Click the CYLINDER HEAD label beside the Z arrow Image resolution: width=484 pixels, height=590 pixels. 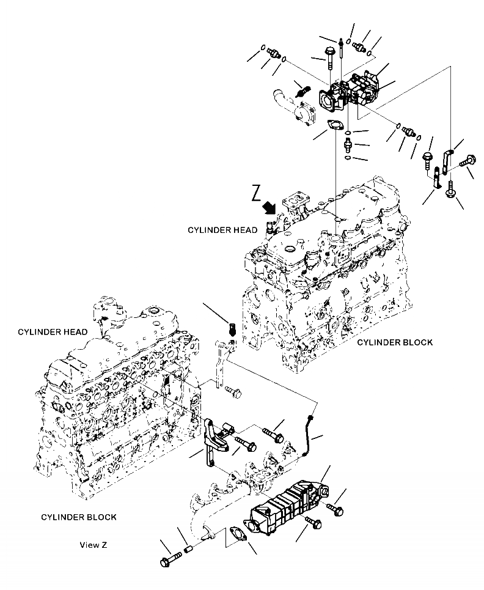tap(219, 230)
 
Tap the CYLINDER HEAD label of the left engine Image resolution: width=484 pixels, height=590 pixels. tap(52, 332)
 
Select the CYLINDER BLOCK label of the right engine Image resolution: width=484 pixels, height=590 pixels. tap(395, 342)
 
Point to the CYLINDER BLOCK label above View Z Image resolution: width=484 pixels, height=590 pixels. tap(79, 517)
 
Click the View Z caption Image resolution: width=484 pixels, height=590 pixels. tap(94, 544)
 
